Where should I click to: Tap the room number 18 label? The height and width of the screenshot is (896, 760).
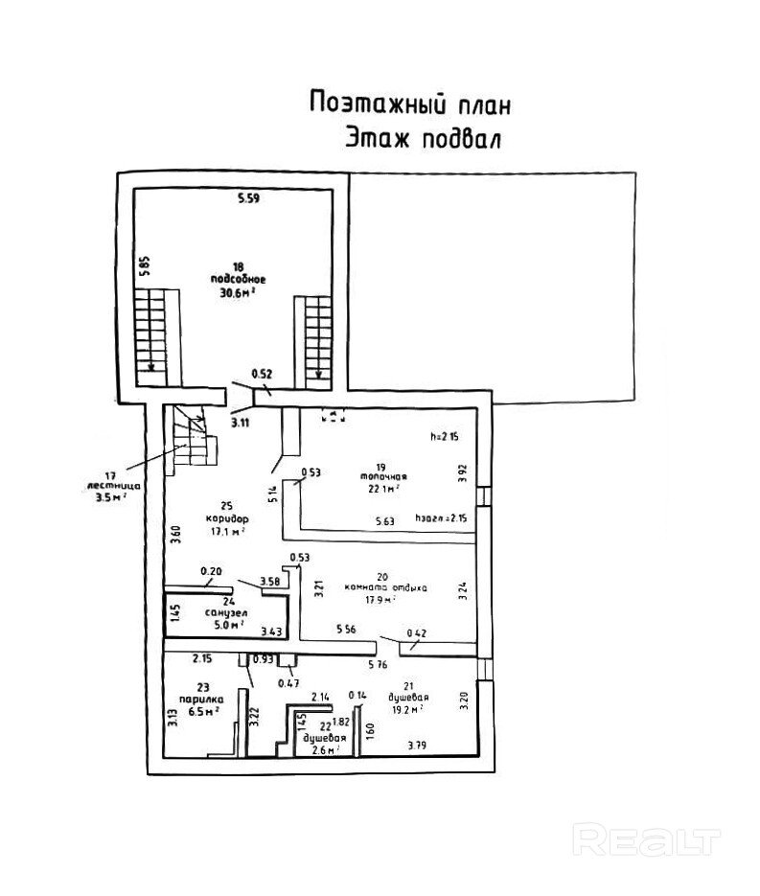[x=238, y=266]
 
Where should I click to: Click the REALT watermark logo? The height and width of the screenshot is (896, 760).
[x=645, y=839]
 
